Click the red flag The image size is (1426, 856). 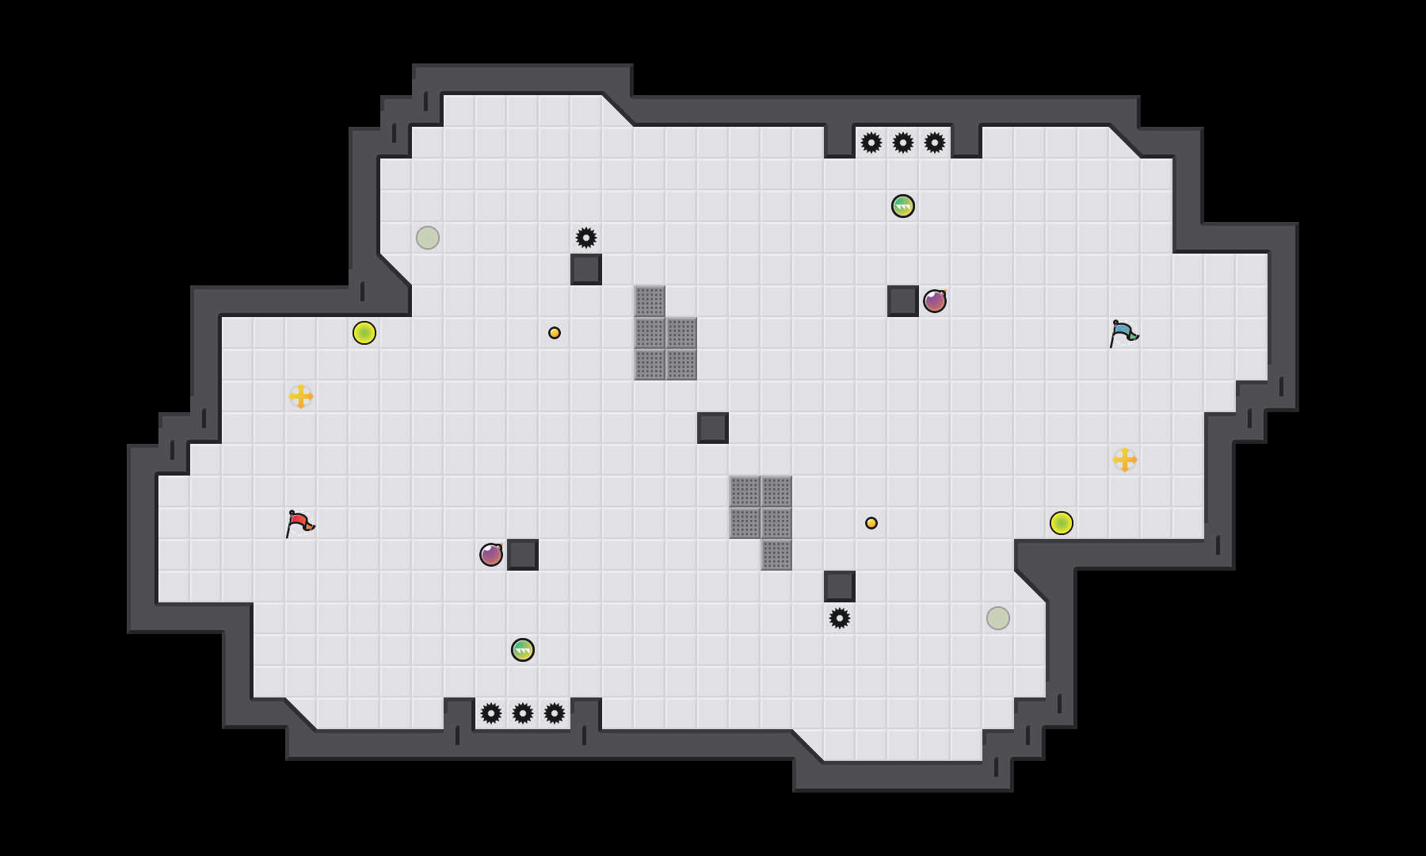(299, 523)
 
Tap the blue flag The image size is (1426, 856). (1123, 333)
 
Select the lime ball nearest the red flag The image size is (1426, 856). (364, 333)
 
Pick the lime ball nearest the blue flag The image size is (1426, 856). (1062, 523)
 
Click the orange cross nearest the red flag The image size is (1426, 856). (301, 396)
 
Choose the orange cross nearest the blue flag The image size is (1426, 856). (1125, 460)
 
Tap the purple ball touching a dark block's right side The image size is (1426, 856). (935, 301)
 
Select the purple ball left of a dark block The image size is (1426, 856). (491, 555)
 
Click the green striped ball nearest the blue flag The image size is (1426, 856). (903, 206)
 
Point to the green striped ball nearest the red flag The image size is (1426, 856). (523, 650)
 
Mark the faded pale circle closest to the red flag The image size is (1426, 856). (428, 238)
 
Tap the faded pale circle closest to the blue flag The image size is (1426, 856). (998, 618)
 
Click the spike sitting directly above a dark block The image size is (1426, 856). (586, 238)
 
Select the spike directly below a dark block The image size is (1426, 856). (840, 618)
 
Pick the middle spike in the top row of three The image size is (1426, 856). (903, 143)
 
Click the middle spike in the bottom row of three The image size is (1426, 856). (523, 713)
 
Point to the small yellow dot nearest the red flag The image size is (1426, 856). (555, 333)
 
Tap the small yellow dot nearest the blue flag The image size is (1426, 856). (871, 523)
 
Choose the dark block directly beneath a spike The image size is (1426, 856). (586, 269)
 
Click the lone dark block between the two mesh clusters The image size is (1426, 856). (713, 428)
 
